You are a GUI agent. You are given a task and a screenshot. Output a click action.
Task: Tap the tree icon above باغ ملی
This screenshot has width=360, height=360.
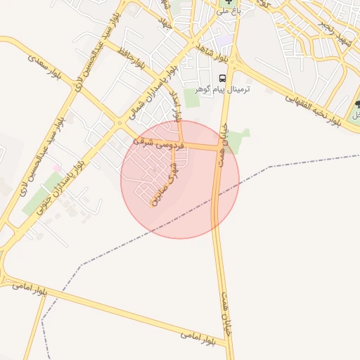pos(227,2)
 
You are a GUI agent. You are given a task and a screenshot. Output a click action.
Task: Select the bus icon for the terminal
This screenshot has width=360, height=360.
pos(222,78)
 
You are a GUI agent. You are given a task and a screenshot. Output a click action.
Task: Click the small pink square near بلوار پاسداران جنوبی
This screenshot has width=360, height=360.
pos(56,168)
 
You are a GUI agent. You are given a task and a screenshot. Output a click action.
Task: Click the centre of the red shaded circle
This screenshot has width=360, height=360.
pos(180,180)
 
